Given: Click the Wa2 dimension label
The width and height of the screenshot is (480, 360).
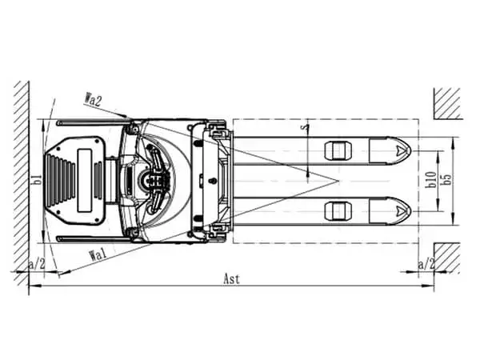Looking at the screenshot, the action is pyautogui.click(x=93, y=100).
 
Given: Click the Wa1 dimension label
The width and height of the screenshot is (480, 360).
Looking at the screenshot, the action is pyautogui.click(x=98, y=254).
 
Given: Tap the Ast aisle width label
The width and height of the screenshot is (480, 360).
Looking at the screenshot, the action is pyautogui.click(x=232, y=279).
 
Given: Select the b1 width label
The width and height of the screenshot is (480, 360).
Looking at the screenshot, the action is pyautogui.click(x=38, y=180).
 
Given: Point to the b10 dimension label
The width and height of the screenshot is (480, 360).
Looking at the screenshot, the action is pyautogui.click(x=431, y=180).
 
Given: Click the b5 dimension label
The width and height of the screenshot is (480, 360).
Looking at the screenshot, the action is pyautogui.click(x=446, y=180).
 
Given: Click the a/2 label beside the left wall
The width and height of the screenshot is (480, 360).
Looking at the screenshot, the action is pyautogui.click(x=37, y=265).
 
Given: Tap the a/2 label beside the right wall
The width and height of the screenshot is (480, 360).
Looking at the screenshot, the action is pyautogui.click(x=426, y=265).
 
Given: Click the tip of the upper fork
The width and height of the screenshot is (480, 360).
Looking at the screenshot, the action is pyautogui.click(x=411, y=150).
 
